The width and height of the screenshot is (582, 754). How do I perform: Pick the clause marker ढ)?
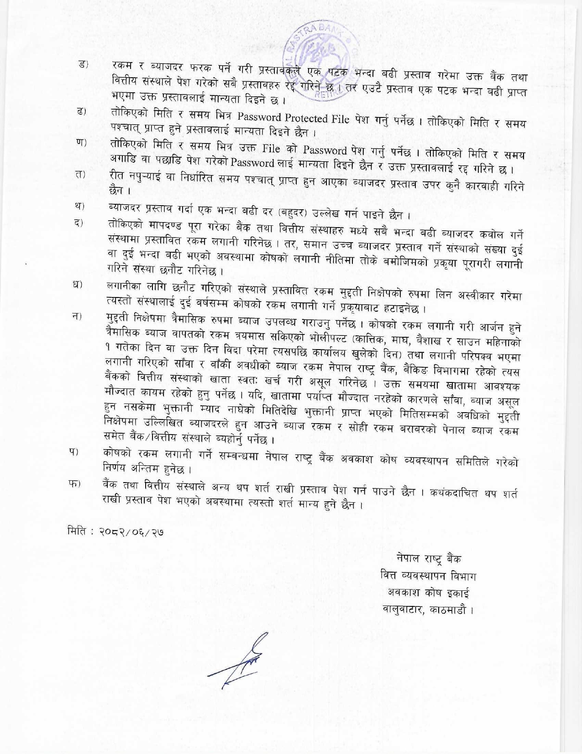point(83,112)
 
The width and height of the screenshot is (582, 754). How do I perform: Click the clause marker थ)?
point(80,206)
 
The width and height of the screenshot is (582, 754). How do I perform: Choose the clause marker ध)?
point(78,286)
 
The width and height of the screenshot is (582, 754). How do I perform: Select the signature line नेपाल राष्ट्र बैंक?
point(429,559)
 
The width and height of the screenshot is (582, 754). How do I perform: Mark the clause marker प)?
point(74,452)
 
